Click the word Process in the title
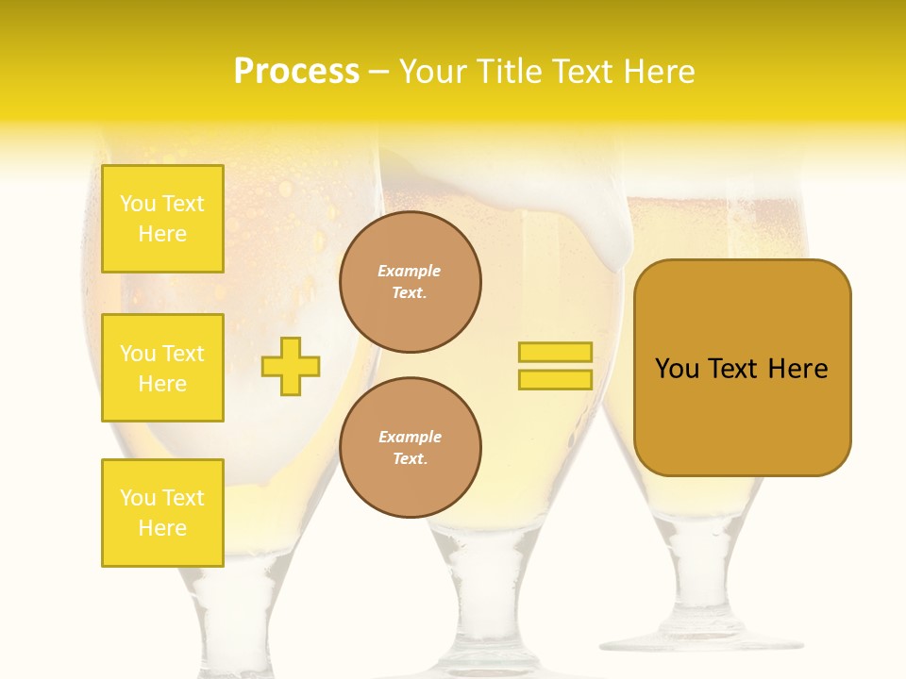296,72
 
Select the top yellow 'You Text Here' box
162,219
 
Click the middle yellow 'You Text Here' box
162,368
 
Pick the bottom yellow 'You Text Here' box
162,513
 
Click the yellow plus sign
291,366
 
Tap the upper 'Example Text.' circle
411,282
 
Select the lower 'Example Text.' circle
411,448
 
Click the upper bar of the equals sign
555,352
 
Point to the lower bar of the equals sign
555,379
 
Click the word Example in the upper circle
410,272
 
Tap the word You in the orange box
677,369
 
